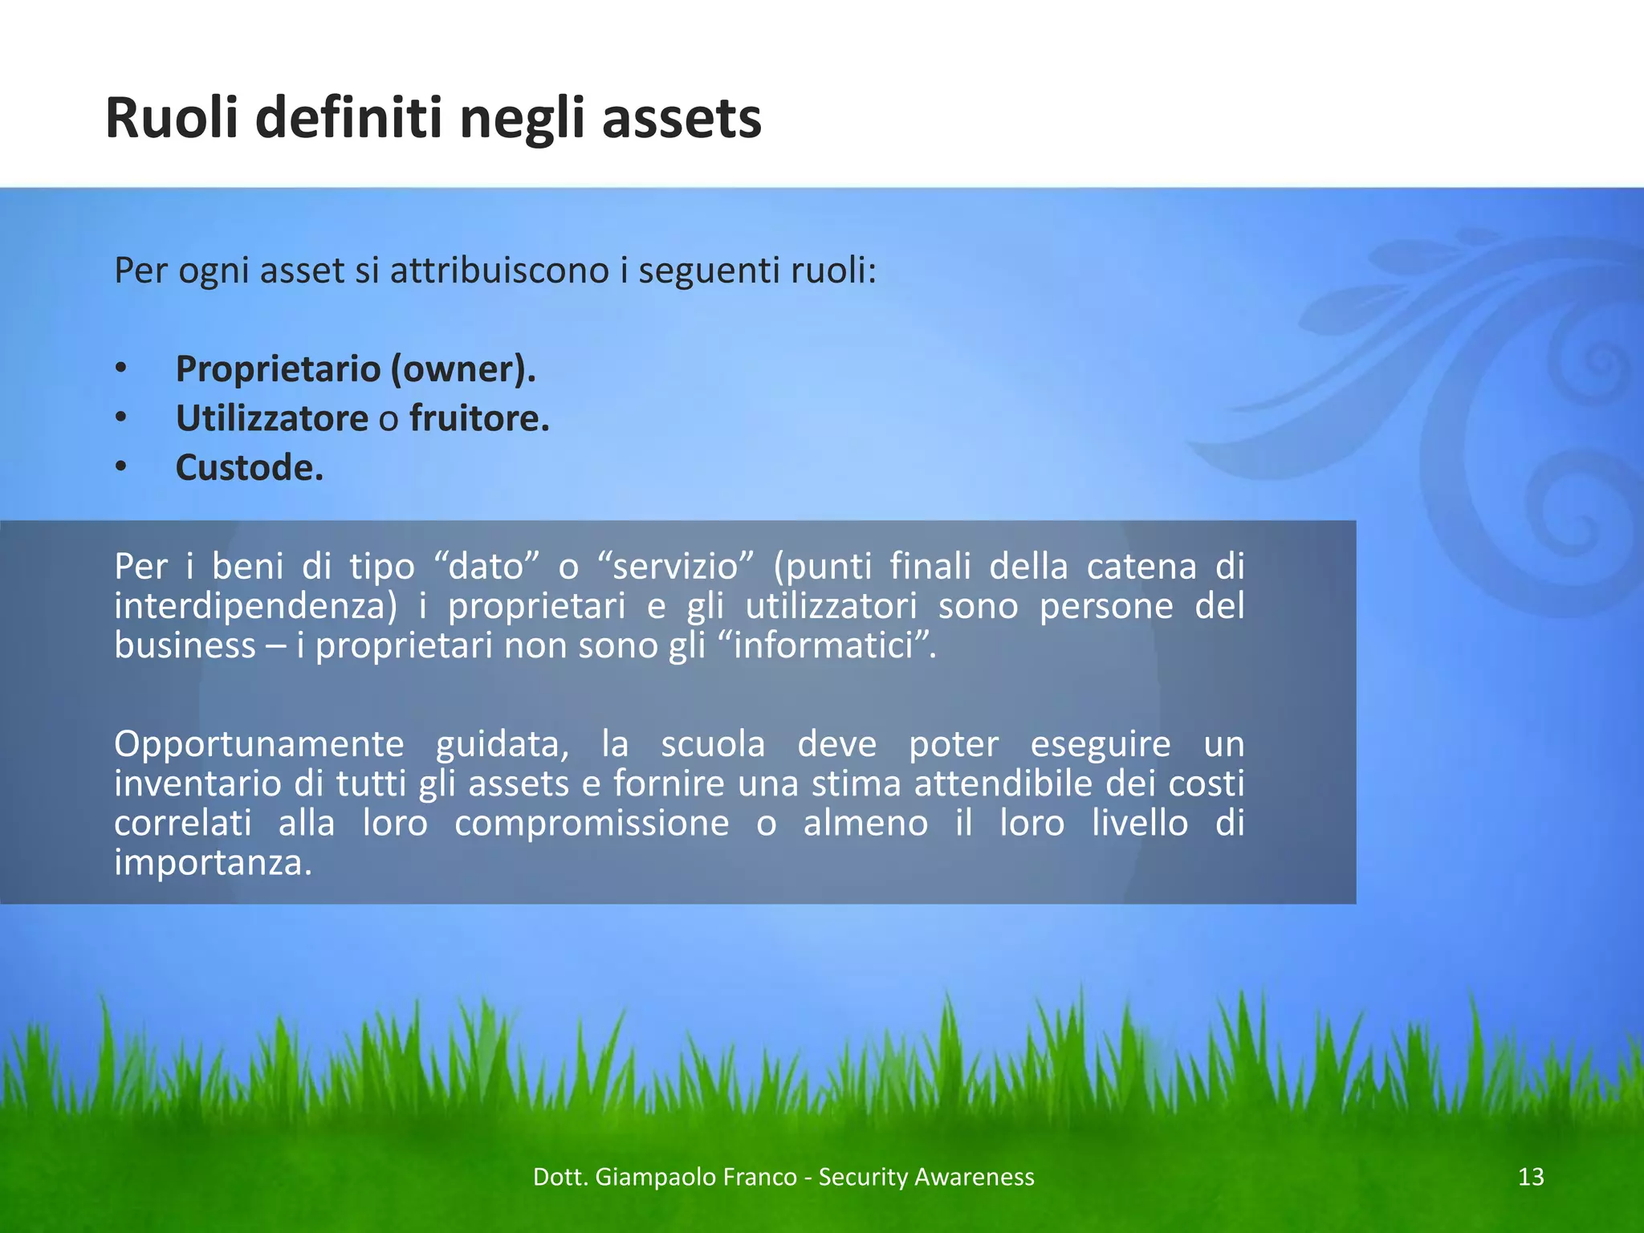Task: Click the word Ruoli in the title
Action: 172,119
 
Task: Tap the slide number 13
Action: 1531,1177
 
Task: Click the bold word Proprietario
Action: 278,369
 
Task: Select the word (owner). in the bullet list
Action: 463,369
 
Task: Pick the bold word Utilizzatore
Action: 272,418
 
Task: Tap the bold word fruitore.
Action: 479,418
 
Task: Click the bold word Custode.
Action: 250,468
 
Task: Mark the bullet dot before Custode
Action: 120,468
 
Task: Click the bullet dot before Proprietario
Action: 120,369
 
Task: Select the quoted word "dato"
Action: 486,567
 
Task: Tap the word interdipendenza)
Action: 255,606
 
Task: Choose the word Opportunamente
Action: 258,744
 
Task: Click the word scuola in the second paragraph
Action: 713,744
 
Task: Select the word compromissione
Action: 592,824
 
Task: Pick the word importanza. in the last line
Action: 213,863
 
